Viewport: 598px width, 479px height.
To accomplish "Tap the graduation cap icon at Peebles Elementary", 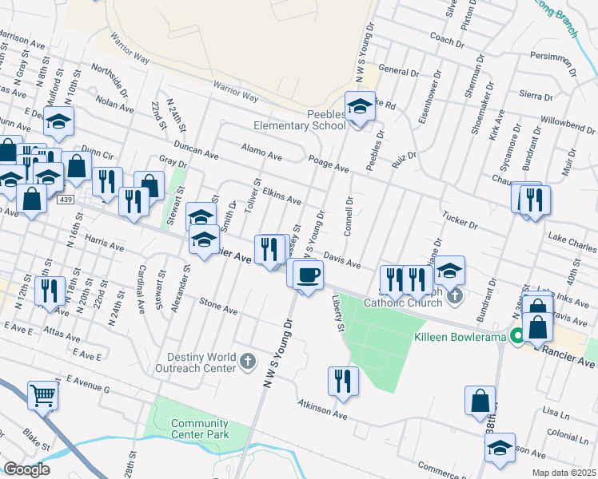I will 360,105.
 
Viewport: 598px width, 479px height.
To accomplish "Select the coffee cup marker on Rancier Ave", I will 308,275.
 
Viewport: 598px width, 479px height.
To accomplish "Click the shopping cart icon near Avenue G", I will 42,394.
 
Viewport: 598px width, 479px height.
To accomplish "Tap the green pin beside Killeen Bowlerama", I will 516,336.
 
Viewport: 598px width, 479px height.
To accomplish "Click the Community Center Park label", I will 200,429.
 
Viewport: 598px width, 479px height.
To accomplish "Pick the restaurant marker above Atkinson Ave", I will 343,381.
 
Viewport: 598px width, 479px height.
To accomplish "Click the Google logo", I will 26,469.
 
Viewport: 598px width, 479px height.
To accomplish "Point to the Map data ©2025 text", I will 562,473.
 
